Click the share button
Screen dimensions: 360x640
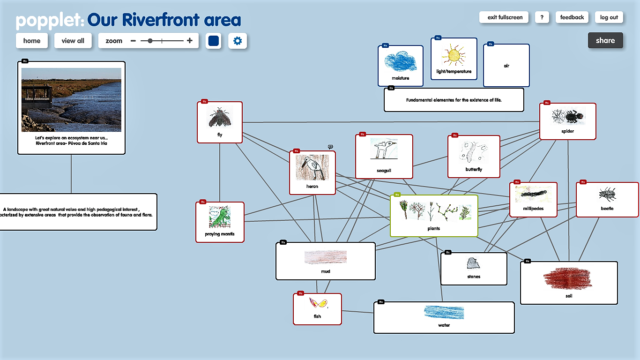click(x=605, y=41)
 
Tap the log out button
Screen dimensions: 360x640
click(x=609, y=17)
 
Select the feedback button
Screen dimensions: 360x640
click(x=572, y=17)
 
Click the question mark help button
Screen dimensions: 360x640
click(x=542, y=17)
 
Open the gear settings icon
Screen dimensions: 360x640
click(x=238, y=41)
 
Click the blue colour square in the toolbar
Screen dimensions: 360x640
click(x=214, y=41)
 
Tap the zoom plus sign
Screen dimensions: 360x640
click(x=190, y=41)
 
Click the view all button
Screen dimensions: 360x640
click(x=73, y=41)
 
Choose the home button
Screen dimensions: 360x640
click(x=31, y=41)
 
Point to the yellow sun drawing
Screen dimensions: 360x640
click(x=454, y=56)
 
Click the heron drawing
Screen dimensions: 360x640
click(x=312, y=168)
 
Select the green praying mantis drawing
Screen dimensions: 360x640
click(x=220, y=217)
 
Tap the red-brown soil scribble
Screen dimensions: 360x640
click(x=567, y=278)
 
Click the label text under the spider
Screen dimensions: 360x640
click(x=567, y=131)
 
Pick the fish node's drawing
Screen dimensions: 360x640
click(x=317, y=303)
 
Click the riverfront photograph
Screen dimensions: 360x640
click(x=71, y=100)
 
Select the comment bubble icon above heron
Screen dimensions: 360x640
click(x=330, y=147)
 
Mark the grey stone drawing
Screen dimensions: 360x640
click(x=473, y=263)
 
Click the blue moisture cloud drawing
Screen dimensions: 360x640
click(x=400, y=61)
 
